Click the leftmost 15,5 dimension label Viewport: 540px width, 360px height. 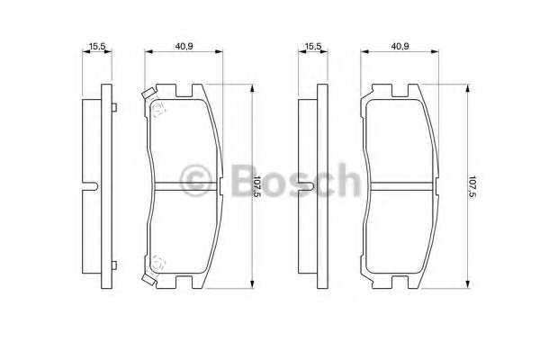point(97,46)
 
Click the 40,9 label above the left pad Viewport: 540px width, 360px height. point(184,46)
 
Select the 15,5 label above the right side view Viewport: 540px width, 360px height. point(313,46)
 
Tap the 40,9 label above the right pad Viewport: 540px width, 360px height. point(400,46)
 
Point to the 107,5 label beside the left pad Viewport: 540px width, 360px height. point(257,186)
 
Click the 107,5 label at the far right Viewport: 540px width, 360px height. point(472,186)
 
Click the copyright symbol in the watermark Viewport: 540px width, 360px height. point(195,180)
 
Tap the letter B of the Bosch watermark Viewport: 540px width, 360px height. point(245,179)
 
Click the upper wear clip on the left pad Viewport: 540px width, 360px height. point(148,94)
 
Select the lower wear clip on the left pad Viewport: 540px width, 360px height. point(148,279)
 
